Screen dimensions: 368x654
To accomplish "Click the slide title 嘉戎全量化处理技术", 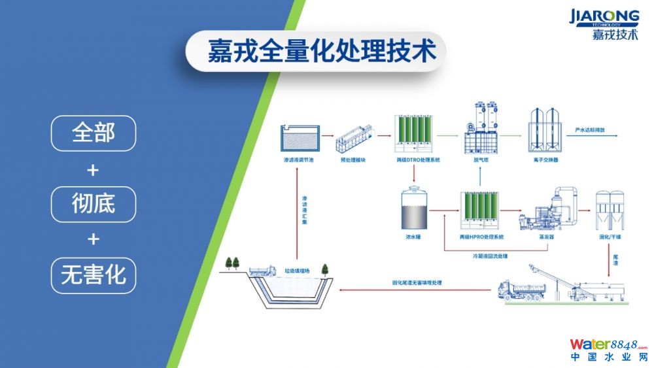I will click(322, 50).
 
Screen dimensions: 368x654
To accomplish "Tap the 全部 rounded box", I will click(94, 133).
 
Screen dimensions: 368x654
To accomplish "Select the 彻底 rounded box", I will click(94, 204).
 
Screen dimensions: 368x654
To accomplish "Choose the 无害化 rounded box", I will click(94, 275).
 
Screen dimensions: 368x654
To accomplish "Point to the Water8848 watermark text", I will click(608, 344).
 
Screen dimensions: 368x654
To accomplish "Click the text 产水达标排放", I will click(590, 130).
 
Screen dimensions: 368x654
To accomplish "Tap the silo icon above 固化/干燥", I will click(610, 209).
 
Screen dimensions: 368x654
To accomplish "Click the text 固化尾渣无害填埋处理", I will click(417, 282).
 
